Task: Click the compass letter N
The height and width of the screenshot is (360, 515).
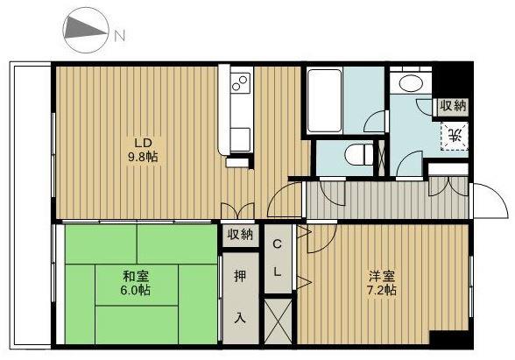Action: [119, 35]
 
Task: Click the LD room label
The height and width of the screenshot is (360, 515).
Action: [143, 144]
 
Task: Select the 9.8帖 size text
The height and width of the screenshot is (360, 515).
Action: [143, 157]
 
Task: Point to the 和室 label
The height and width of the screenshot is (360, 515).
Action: [136, 276]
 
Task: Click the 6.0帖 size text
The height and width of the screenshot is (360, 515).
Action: [136, 291]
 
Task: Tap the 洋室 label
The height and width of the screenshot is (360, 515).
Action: [382, 276]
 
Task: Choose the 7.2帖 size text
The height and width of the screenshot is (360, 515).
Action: [382, 291]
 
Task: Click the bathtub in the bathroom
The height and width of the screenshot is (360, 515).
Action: [324, 101]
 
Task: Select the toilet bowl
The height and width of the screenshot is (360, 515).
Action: [359, 154]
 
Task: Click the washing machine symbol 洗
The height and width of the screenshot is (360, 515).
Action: [455, 136]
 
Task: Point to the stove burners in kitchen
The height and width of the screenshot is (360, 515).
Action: [240, 82]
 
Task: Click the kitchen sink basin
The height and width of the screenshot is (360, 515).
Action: [240, 139]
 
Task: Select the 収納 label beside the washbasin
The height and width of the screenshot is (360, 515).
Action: [454, 106]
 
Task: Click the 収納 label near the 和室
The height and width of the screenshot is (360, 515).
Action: [240, 235]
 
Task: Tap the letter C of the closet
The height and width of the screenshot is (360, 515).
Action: [278, 244]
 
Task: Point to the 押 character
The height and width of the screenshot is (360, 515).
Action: [240, 276]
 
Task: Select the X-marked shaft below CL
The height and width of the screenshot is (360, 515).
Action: [278, 321]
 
